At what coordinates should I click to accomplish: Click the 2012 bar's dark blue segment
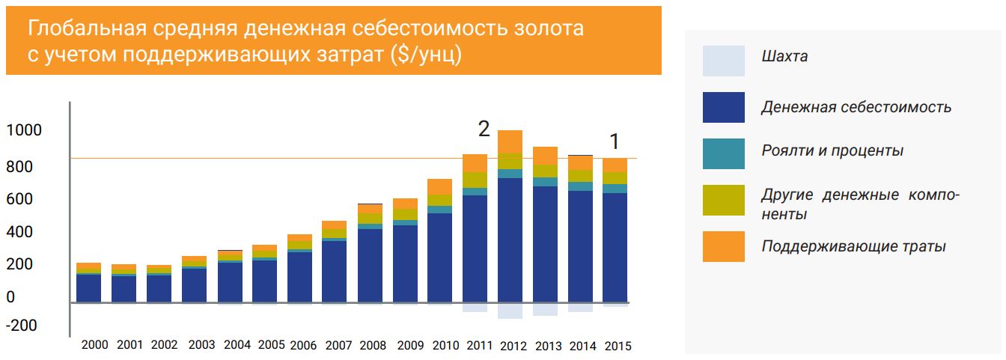click(510, 240)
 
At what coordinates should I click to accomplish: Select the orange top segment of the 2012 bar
click(510, 141)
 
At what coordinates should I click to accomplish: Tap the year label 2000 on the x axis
click(94, 345)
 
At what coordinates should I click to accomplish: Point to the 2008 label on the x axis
click(373, 345)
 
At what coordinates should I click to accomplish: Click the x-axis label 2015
click(618, 346)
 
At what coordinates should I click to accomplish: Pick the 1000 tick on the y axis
click(24, 131)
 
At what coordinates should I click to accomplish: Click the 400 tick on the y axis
click(20, 233)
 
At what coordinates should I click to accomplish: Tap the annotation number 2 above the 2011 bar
click(484, 129)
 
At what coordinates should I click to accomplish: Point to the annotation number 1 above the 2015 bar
click(615, 141)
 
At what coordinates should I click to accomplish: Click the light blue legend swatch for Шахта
click(723, 61)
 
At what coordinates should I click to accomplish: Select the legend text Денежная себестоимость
click(856, 107)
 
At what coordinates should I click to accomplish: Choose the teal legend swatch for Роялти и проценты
click(723, 153)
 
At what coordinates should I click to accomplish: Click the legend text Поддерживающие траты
click(853, 246)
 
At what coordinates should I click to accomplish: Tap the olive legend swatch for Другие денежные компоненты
click(723, 200)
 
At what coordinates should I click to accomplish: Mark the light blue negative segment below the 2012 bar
click(510, 311)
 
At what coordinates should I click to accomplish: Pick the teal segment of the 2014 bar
click(581, 186)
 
